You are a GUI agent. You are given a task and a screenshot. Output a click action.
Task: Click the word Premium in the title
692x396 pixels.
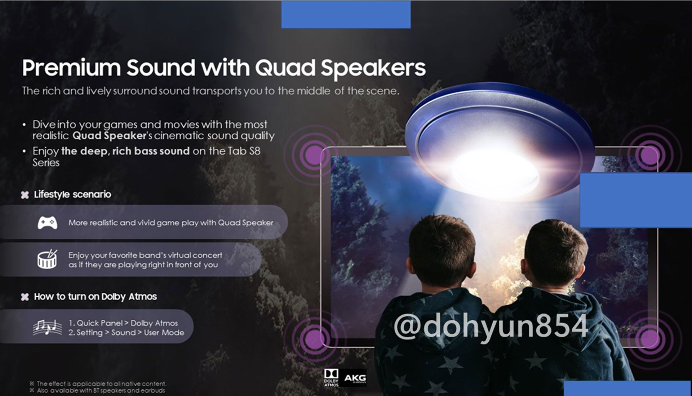(71, 67)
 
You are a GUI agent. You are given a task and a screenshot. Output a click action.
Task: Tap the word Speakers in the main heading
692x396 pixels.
(373, 68)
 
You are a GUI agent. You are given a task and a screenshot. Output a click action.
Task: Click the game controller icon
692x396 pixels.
(47, 222)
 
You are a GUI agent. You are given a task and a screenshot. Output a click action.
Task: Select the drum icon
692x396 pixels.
(47, 259)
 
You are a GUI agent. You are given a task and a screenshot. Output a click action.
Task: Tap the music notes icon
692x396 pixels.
(47, 327)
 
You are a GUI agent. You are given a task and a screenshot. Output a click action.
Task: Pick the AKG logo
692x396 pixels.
(355, 378)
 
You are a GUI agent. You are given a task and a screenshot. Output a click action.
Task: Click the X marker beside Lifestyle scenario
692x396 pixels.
(25, 195)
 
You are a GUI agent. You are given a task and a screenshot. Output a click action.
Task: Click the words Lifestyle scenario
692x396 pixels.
(72, 194)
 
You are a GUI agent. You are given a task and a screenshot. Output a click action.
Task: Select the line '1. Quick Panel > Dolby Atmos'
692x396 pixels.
(123, 323)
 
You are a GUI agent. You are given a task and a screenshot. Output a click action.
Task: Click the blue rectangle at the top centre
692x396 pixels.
(346, 14)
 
